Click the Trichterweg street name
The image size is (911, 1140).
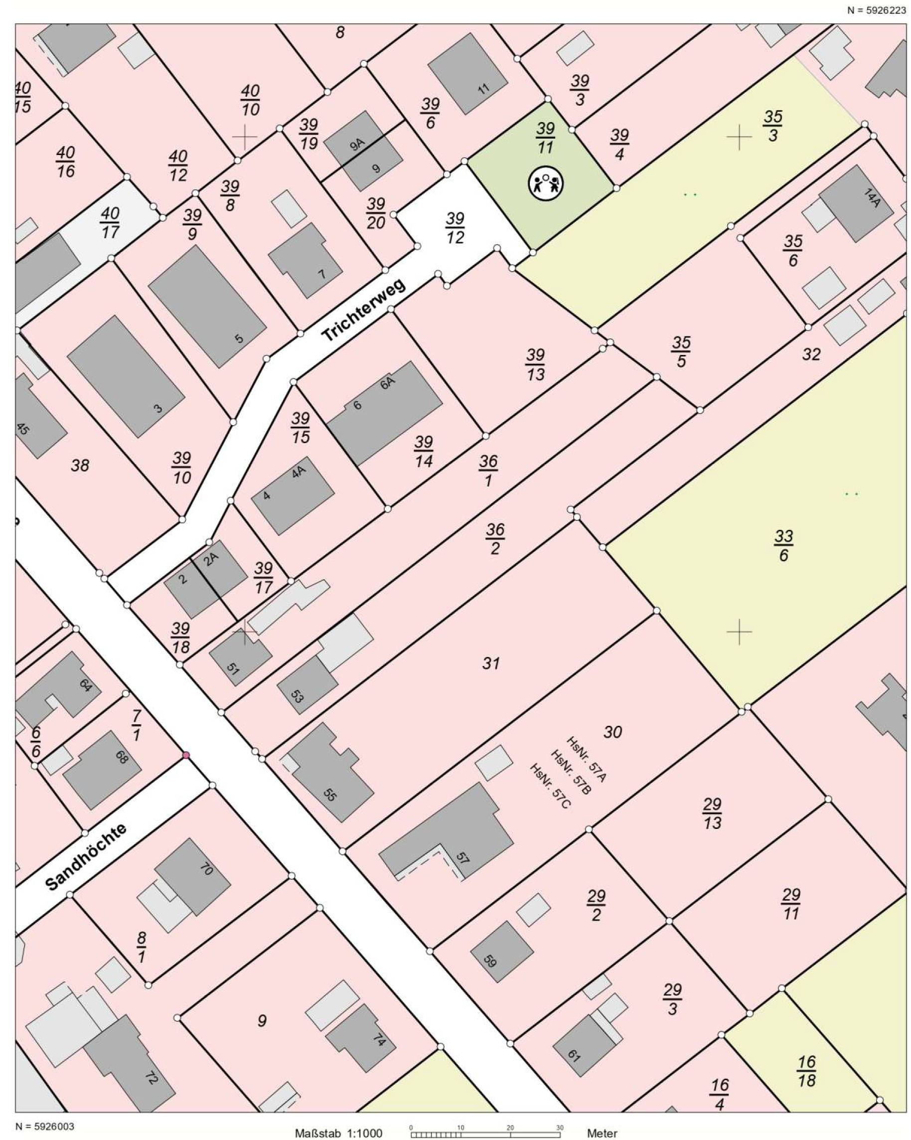(x=363, y=310)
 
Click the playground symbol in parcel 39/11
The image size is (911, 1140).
(x=546, y=184)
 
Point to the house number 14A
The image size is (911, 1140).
(x=871, y=197)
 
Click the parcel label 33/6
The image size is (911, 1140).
(x=783, y=546)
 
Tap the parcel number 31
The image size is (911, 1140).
(x=491, y=663)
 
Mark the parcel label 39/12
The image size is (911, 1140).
(x=455, y=228)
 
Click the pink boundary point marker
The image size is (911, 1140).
(x=185, y=755)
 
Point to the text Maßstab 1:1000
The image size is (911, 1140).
(x=338, y=1133)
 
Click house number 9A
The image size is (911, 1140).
(x=358, y=144)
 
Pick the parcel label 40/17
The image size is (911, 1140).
(x=110, y=223)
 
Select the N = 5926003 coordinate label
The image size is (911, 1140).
(x=45, y=1127)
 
